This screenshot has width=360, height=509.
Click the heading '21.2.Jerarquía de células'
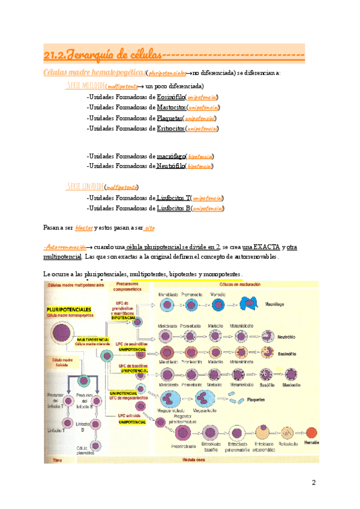[x=103, y=56]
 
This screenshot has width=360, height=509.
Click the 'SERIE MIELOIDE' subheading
[x=86, y=86]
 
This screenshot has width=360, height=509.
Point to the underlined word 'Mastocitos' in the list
[x=171, y=107]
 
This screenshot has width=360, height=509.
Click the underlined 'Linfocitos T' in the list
[x=173, y=197]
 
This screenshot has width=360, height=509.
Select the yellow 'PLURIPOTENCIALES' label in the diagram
[x=68, y=307]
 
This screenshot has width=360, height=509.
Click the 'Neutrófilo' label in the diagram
[x=287, y=337]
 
